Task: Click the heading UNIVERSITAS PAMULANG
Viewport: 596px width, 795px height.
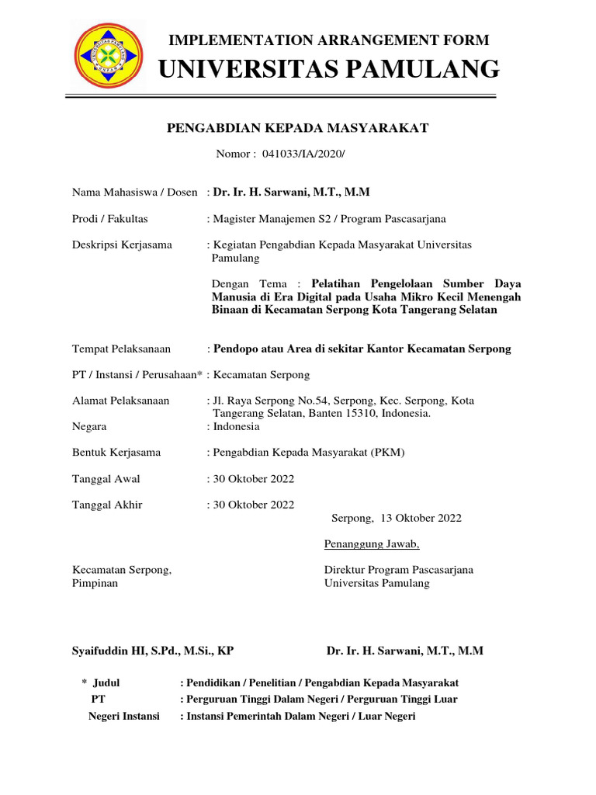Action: tap(329, 69)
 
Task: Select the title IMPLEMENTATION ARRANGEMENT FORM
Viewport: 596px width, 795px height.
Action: tap(329, 40)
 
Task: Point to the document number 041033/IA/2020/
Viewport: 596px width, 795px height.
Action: tap(302, 154)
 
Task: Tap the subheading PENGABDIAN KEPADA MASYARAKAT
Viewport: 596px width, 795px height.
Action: tap(298, 128)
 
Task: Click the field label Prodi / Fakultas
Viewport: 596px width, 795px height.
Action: tap(110, 219)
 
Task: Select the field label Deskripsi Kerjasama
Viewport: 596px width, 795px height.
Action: tap(122, 245)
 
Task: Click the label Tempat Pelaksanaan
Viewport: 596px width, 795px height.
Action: tap(121, 349)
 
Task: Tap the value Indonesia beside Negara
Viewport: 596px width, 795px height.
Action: tap(236, 426)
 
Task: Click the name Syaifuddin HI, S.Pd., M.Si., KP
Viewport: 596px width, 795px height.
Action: tap(152, 651)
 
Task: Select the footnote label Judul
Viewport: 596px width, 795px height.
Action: tap(106, 682)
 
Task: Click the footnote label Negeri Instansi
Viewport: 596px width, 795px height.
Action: tap(124, 716)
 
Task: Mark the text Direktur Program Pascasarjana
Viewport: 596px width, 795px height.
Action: tap(399, 569)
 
